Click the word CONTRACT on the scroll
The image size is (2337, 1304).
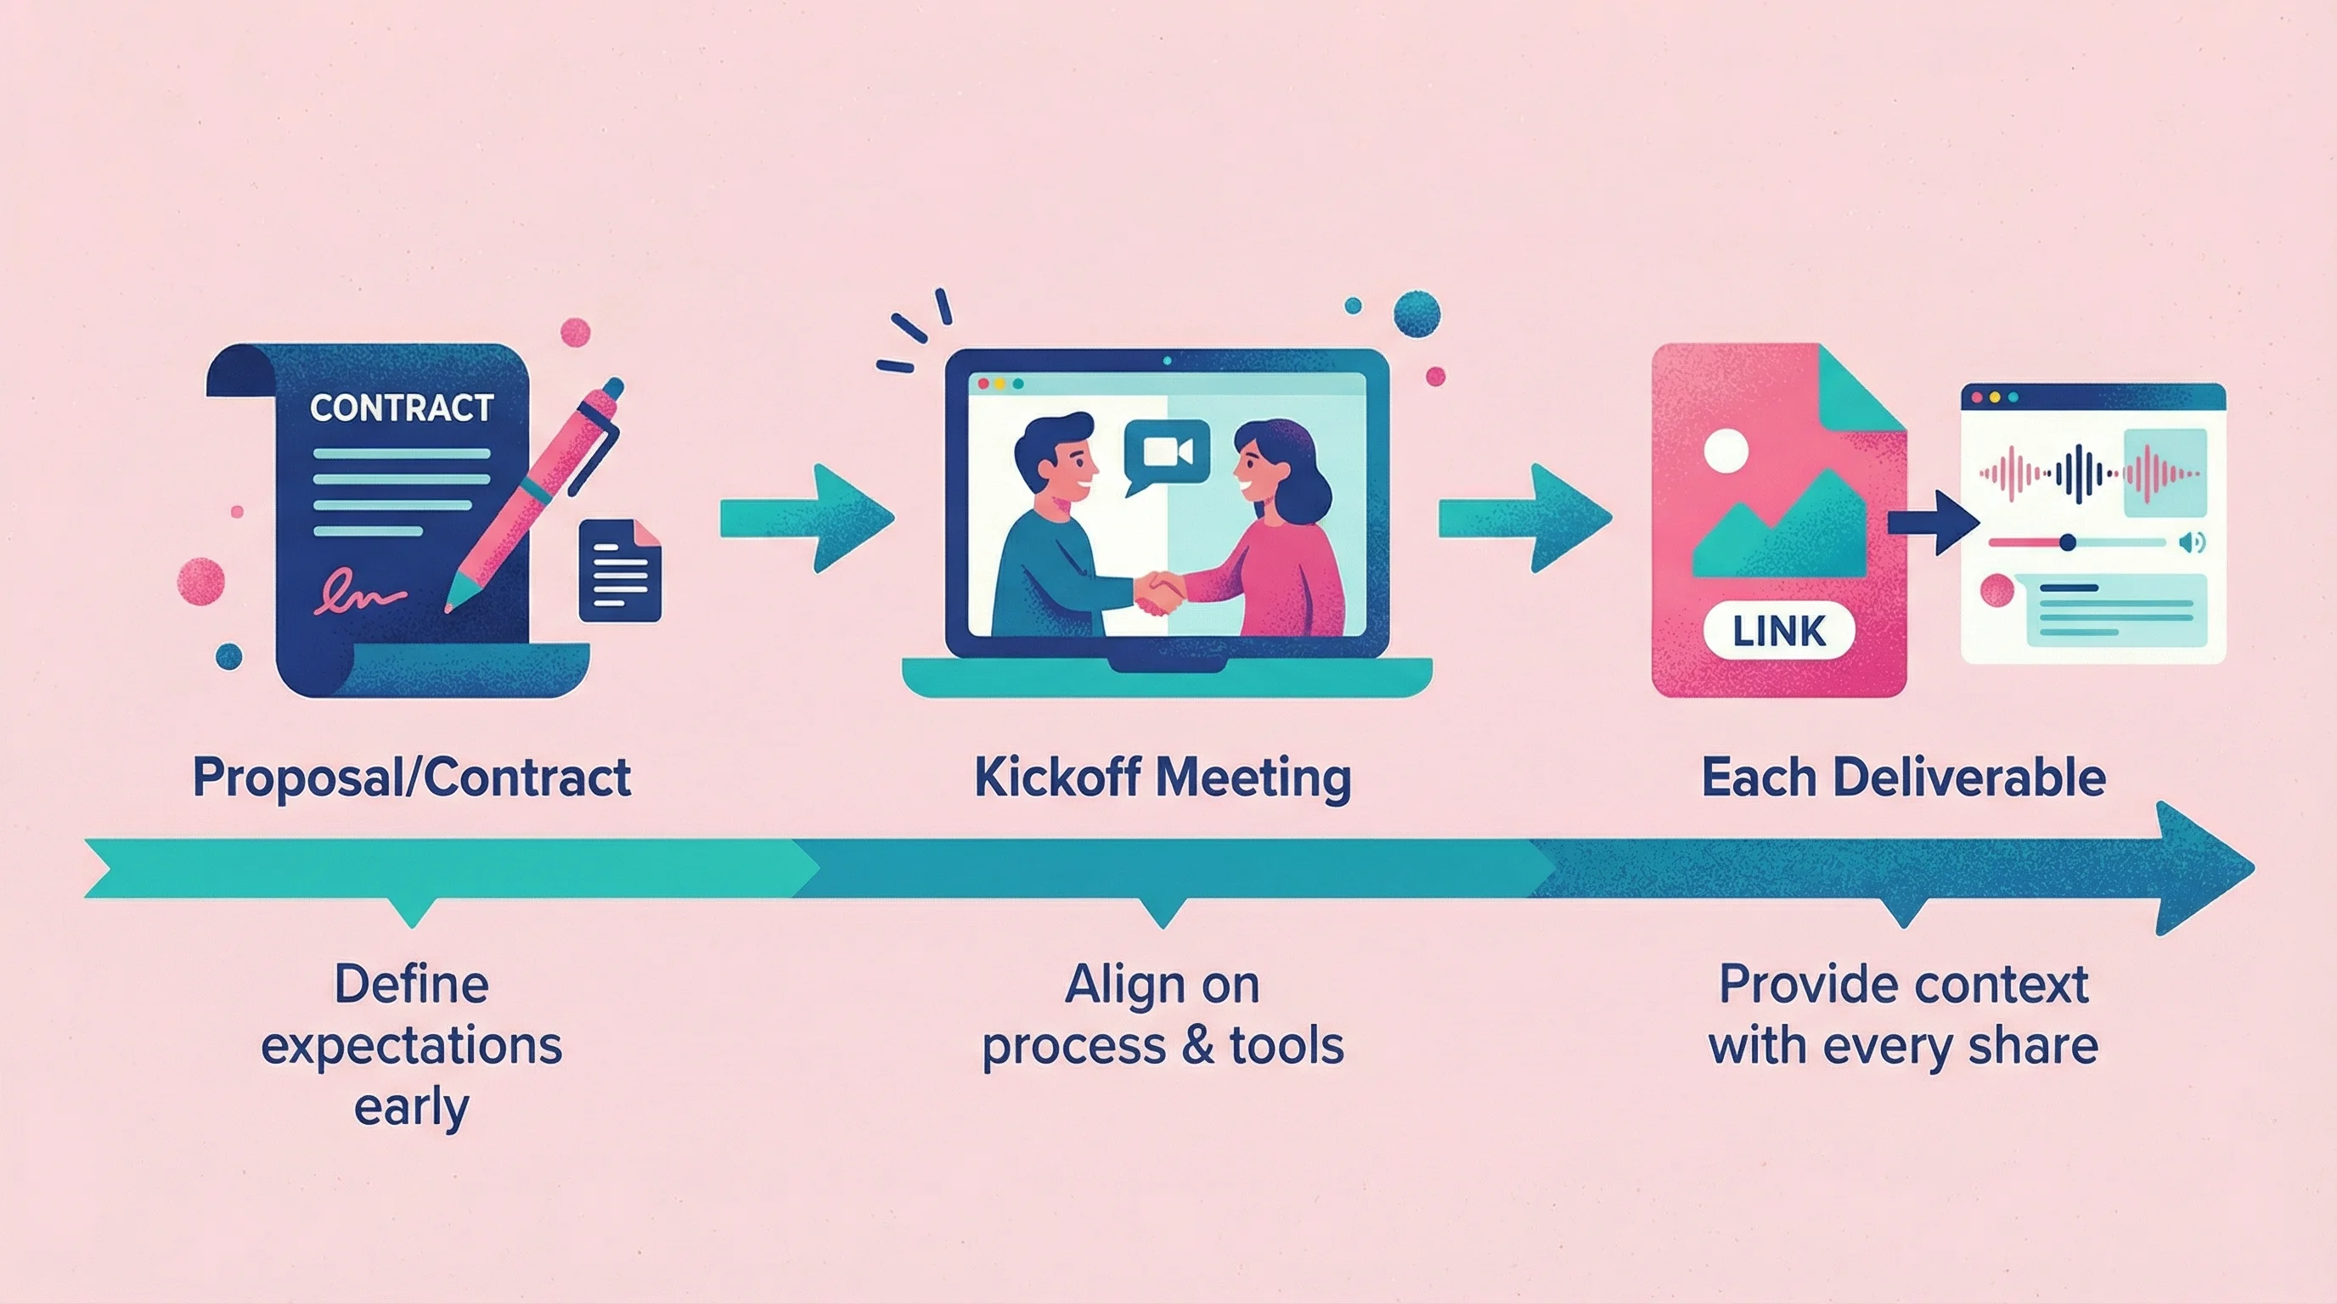(x=402, y=408)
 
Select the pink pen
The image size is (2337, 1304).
(x=536, y=494)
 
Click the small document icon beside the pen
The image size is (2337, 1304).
(x=621, y=571)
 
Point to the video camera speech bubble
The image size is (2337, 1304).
(x=1167, y=452)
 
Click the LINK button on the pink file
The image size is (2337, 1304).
(x=1779, y=631)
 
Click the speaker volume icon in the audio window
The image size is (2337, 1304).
(x=2191, y=542)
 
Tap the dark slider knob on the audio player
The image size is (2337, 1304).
(x=2068, y=542)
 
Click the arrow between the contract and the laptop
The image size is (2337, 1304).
(x=807, y=518)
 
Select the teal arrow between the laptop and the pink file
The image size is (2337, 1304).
(x=1525, y=518)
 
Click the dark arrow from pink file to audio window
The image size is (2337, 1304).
(x=1934, y=522)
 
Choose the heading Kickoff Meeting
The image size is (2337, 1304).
(x=1163, y=778)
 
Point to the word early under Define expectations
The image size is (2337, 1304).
(x=411, y=1108)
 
